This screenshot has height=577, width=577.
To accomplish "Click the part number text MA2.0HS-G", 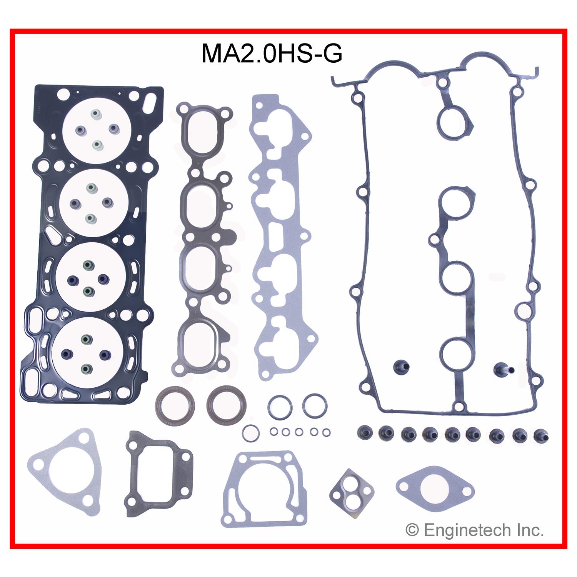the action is pyautogui.click(x=272, y=53).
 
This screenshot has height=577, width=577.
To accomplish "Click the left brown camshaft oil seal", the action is pyautogui.click(x=175, y=404).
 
